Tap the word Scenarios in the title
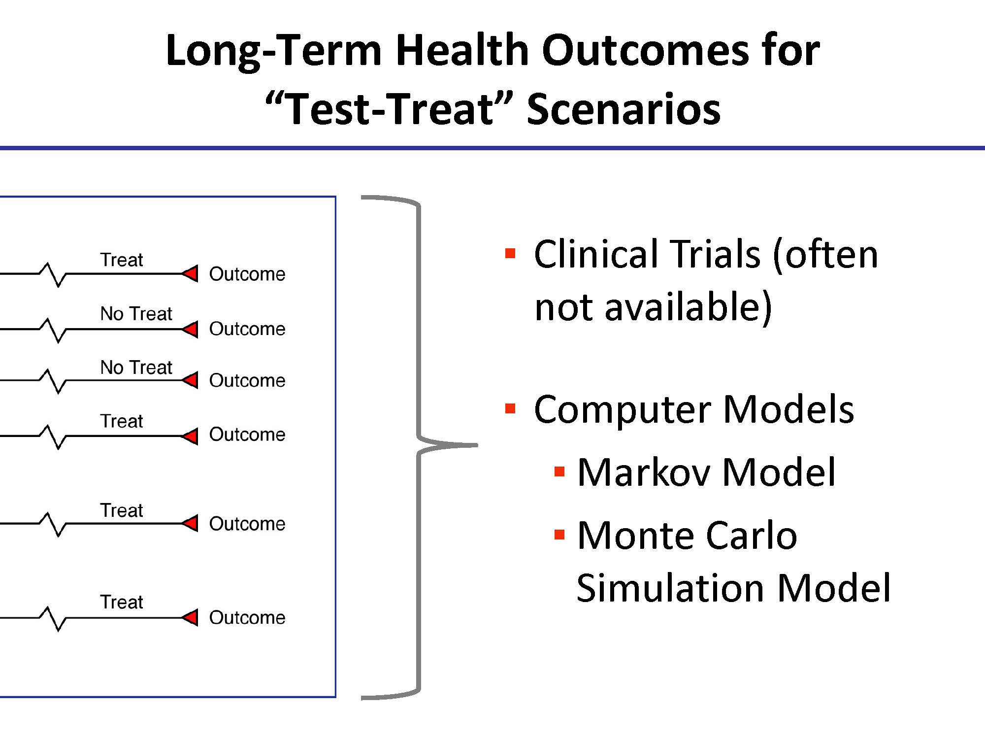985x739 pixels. pos(624,109)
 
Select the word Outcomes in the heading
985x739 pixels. pos(646,50)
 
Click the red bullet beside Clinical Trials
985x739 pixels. pos(510,254)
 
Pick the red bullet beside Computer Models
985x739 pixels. pos(510,409)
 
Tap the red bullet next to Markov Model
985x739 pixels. pos(559,472)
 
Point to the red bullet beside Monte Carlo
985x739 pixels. pos(559,535)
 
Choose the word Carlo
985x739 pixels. pos(751,536)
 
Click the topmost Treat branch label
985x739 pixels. pos(122,260)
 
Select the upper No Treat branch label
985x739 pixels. pos(136,313)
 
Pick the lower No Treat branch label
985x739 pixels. pos(136,367)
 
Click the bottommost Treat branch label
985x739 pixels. pos(122,602)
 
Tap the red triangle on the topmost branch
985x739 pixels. pos(190,273)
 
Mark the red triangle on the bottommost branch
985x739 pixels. pos(190,617)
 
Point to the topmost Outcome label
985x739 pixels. pos(247,274)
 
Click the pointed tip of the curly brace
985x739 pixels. pos(477,445)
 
